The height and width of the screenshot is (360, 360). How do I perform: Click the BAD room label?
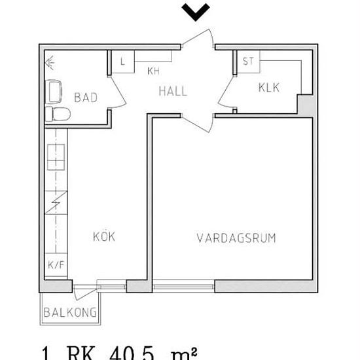click(86, 98)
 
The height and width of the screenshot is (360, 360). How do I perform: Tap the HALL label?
click(173, 91)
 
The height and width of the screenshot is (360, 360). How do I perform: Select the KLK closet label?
click(269, 88)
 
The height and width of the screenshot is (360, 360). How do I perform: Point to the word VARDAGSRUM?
click(236, 238)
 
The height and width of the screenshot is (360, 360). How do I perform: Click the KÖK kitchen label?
click(104, 236)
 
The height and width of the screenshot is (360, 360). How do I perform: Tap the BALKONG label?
click(70, 312)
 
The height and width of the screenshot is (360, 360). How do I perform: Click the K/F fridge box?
click(56, 264)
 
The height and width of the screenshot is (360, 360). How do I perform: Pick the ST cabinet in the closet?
click(248, 62)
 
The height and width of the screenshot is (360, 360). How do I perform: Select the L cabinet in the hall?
click(123, 62)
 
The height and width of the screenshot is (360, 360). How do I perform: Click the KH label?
click(153, 71)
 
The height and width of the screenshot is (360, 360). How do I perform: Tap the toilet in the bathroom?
click(58, 114)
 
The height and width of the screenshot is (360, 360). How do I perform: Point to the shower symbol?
click(50, 62)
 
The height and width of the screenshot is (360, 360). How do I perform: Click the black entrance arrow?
click(196, 12)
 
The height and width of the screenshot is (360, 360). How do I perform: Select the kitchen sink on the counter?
click(56, 157)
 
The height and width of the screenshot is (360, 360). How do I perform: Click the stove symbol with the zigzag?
click(56, 202)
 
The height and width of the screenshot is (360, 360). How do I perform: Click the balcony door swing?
click(85, 293)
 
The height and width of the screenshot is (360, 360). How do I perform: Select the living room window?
click(183, 286)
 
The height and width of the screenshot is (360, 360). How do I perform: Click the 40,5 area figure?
click(132, 353)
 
